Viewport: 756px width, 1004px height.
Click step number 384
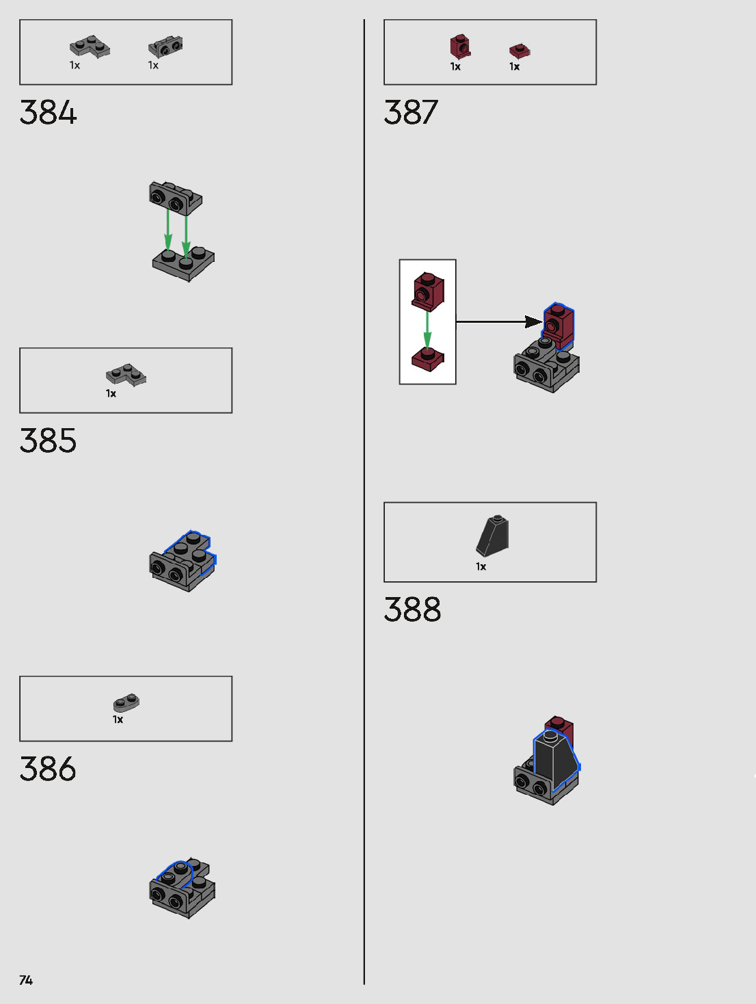tap(48, 113)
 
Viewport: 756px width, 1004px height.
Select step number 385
tap(48, 441)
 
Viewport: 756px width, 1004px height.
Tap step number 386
tap(48, 769)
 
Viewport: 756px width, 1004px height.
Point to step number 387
tap(411, 113)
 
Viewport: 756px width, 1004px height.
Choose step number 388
tap(412, 609)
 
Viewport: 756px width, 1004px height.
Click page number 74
tap(26, 980)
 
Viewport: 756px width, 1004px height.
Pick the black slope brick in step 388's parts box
tap(493, 535)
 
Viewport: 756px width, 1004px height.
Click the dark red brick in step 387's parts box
tap(460, 47)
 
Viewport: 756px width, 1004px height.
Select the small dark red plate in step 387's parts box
tap(519, 51)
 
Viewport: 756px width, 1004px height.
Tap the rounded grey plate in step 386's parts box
tap(126, 702)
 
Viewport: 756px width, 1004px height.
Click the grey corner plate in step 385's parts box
tap(126, 374)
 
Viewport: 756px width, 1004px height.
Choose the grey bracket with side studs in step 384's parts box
tap(165, 47)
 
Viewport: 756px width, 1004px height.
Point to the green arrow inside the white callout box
tap(427, 330)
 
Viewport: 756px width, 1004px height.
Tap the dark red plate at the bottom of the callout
tap(428, 359)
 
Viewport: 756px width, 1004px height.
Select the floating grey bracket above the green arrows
tap(176, 197)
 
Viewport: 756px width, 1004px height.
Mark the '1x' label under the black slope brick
tap(481, 566)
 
